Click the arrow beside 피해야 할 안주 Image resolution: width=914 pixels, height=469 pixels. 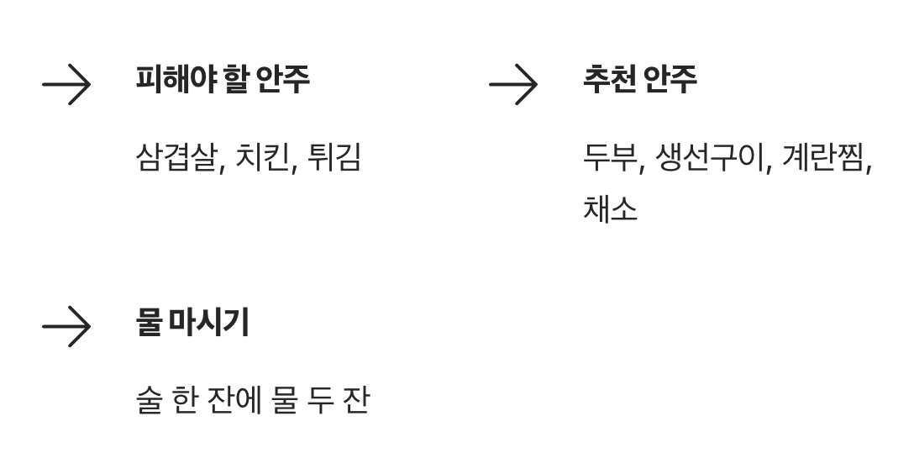tap(66, 86)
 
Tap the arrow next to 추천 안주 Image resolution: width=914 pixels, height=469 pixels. tap(512, 86)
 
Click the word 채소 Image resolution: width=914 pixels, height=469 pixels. tap(610, 208)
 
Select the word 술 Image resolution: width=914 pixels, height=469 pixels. tap(150, 399)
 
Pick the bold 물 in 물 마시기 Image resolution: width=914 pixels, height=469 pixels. tap(148, 323)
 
